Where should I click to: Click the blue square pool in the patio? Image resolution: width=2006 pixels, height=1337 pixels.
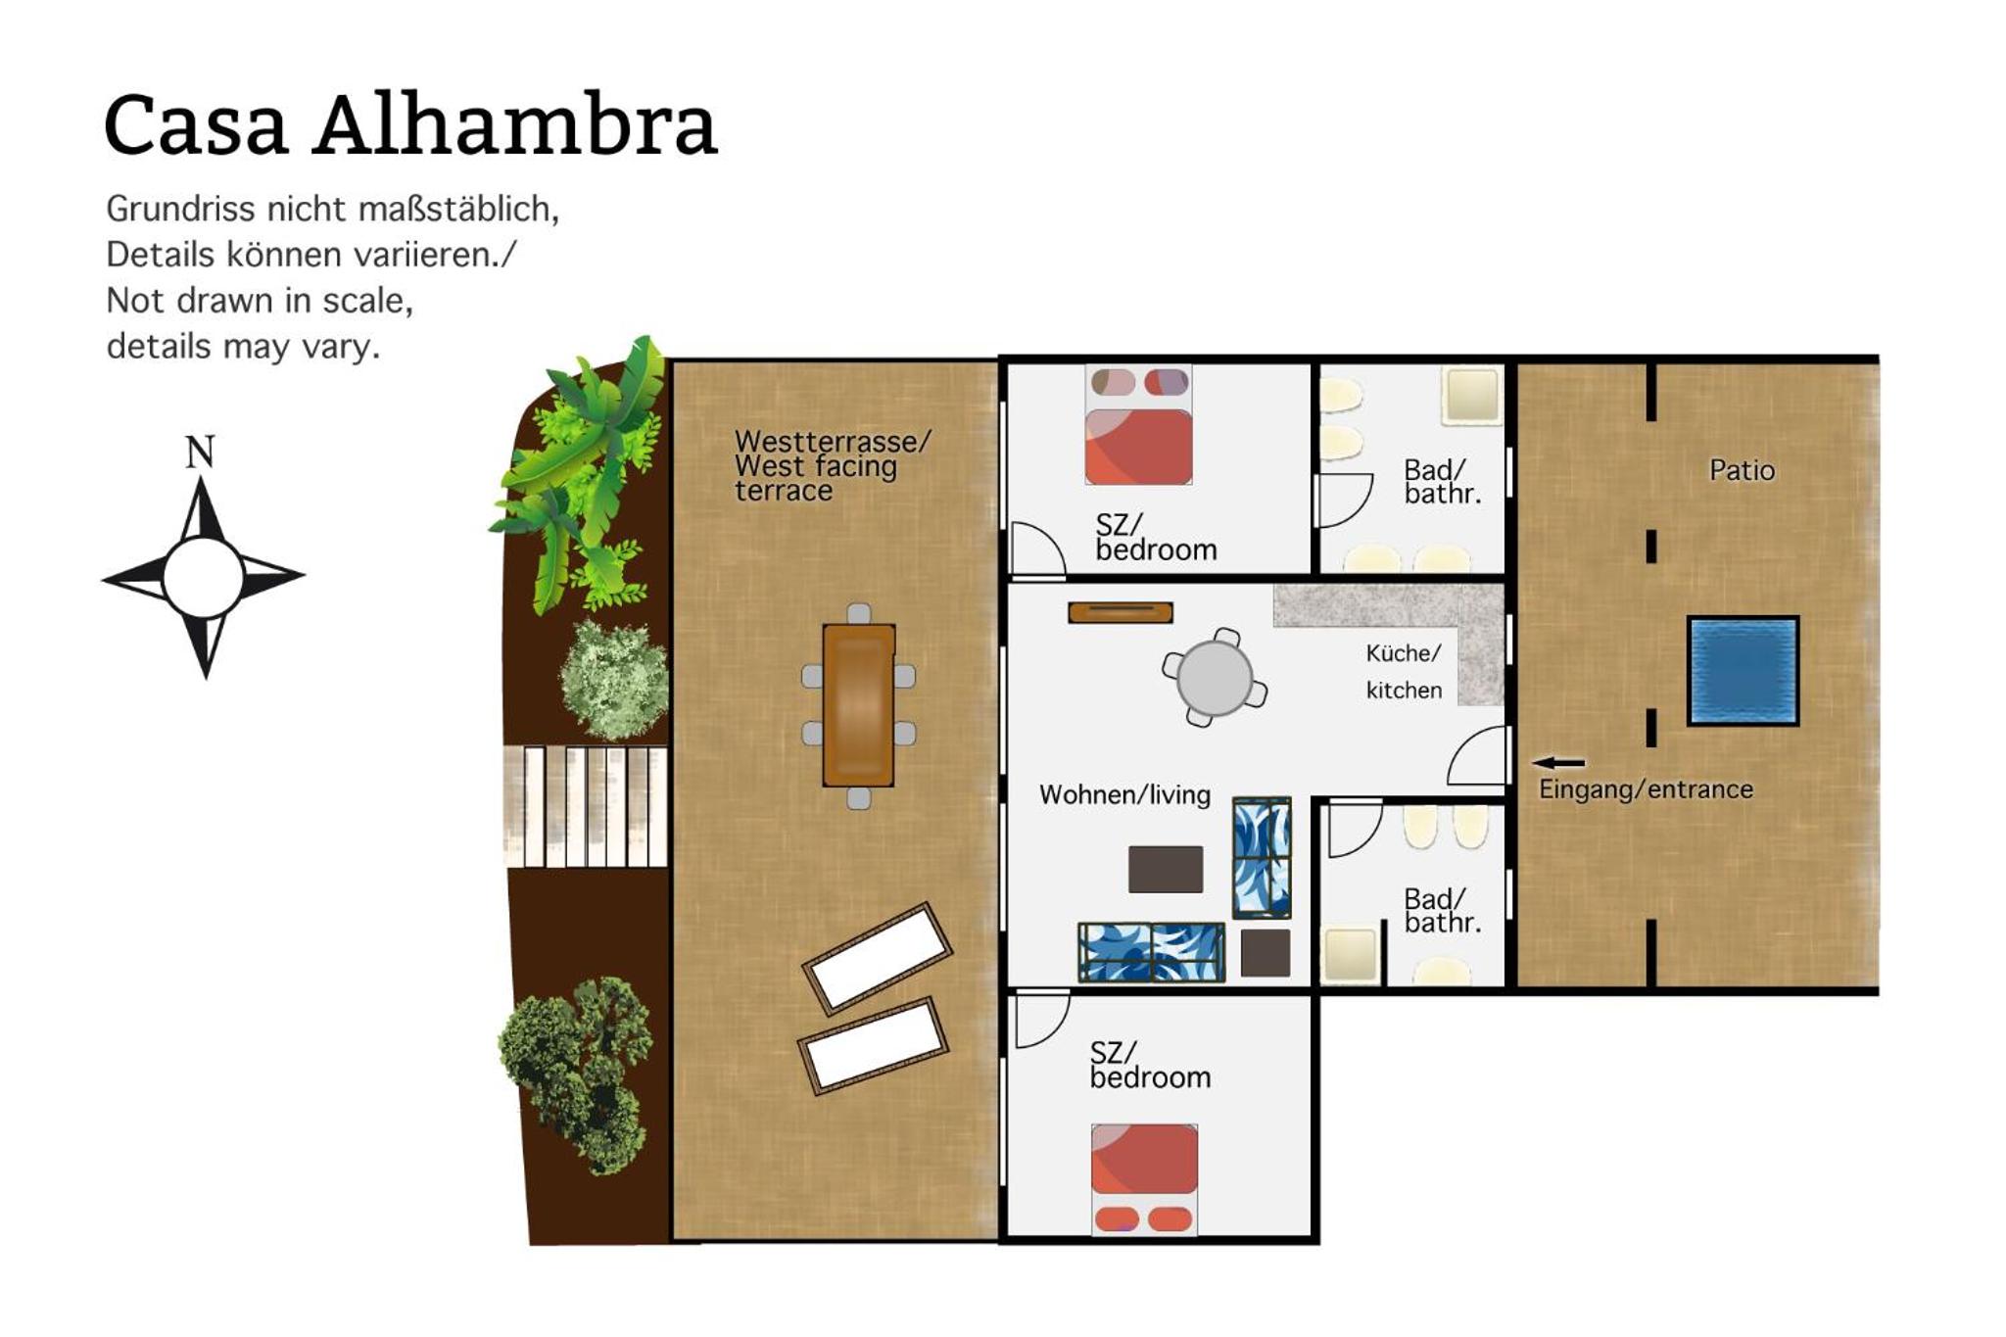(1743, 671)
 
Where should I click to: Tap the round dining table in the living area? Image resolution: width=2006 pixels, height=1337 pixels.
(1215, 678)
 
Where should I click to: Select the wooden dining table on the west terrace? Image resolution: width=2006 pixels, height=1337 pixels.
(859, 705)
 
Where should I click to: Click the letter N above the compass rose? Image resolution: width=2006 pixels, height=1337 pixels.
(200, 452)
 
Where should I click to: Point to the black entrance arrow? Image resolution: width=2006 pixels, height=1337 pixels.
(1558, 763)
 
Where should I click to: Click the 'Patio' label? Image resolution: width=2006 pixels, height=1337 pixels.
(1742, 470)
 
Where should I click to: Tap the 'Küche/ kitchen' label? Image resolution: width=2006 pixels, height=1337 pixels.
(1404, 671)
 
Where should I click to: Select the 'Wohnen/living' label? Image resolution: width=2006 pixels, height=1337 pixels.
(1124, 794)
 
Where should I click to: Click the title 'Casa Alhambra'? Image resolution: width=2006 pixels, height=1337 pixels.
(410, 124)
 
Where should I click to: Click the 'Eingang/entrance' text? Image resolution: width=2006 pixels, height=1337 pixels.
(1646, 789)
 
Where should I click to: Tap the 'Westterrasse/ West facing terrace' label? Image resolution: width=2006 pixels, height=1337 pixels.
(832, 466)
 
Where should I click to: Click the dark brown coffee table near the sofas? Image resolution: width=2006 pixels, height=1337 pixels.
(1166, 869)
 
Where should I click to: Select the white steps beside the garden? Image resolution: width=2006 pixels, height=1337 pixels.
(586, 806)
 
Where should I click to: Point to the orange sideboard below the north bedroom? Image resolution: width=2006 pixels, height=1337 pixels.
(1121, 613)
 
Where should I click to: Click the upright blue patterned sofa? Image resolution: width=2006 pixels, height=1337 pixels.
(1262, 858)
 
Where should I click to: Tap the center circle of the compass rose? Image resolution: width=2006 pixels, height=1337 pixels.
(203, 577)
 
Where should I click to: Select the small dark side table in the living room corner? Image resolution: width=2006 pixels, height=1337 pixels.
(1266, 952)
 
